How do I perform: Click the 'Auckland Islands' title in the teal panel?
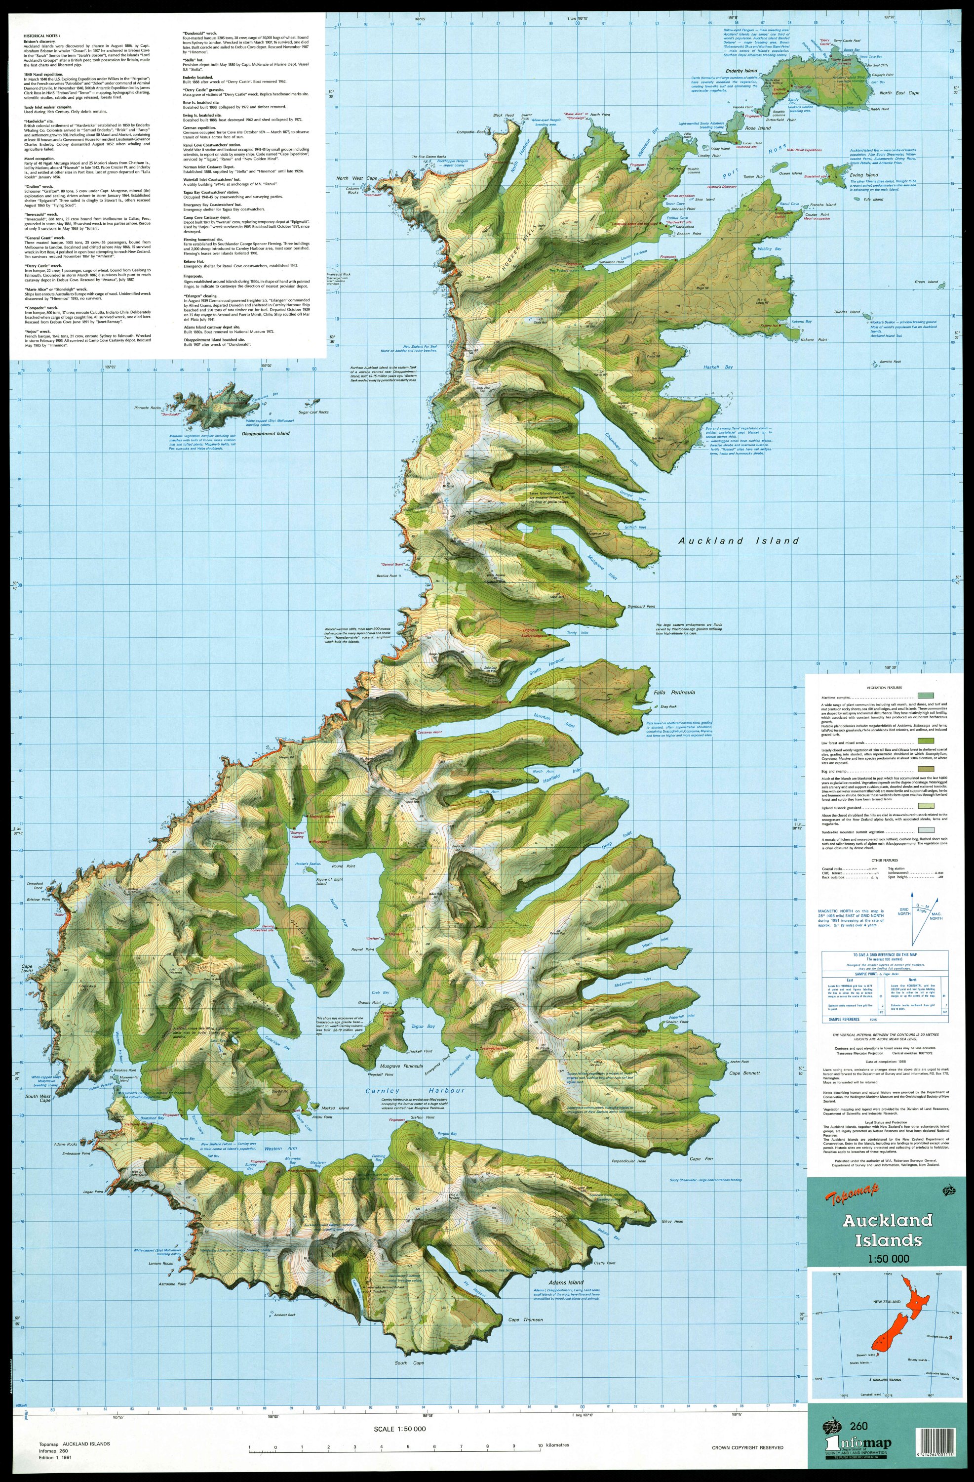888,1229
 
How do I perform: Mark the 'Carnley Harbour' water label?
415,1090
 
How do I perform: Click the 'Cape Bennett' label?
744,1073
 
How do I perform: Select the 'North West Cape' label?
356,179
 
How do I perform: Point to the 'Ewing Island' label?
865,175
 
